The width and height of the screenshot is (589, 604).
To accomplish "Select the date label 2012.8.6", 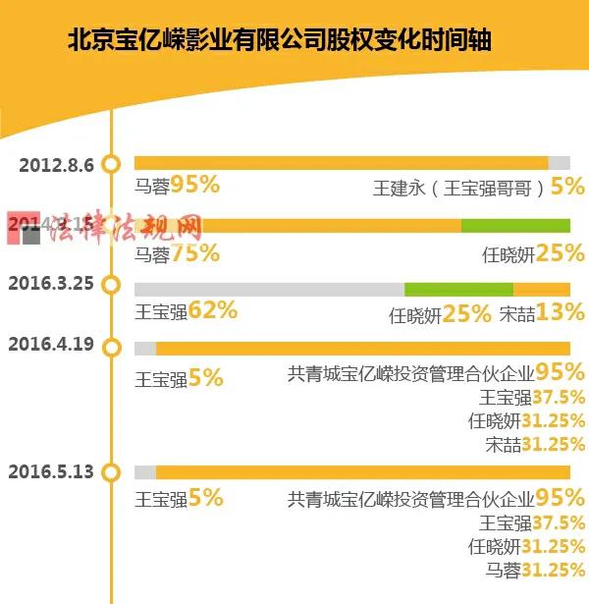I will (56, 164).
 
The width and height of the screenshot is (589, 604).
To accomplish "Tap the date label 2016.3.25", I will (50, 284).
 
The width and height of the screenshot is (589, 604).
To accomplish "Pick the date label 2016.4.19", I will (50, 344).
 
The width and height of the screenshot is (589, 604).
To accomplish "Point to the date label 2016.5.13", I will (50, 470).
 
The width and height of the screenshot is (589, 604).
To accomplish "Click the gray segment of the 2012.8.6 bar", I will (559, 163).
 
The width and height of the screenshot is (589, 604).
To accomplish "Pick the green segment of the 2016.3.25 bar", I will (458, 288).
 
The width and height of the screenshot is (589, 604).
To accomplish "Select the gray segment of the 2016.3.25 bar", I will (269, 288).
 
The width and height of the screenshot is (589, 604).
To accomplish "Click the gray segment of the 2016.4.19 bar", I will (145, 349).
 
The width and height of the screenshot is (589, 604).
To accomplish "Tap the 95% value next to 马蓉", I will (194, 184).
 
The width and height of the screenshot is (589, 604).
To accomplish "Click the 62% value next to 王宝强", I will (213, 312).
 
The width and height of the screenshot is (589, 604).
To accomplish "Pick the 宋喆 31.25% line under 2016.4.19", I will (536, 444).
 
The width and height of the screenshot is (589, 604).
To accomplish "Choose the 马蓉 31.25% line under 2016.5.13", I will (536, 570).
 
